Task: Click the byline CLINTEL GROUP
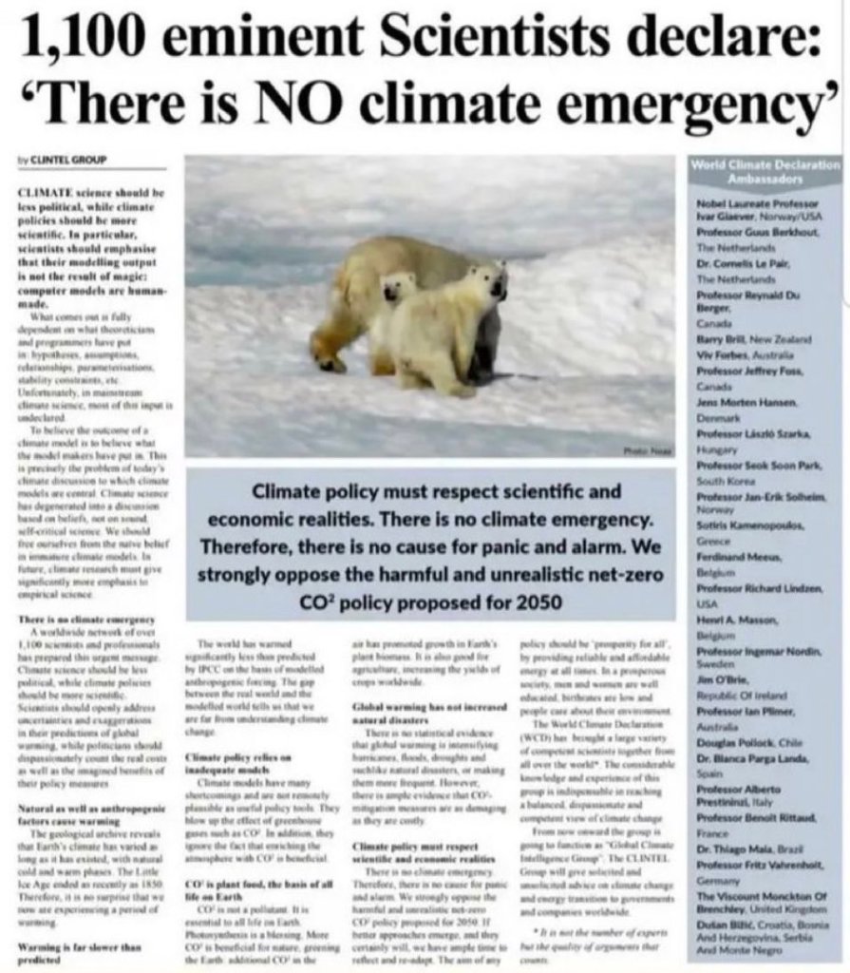coord(66,160)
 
